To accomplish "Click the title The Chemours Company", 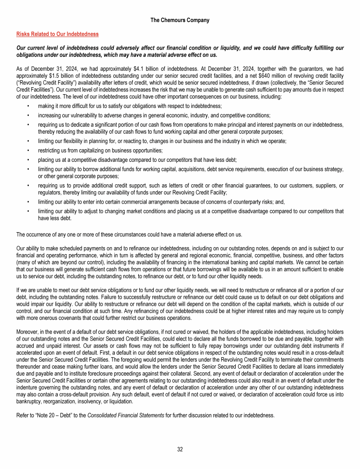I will click(x=180, y=20).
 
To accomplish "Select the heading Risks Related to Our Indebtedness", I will click(x=57, y=34).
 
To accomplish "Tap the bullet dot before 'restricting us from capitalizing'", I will click(x=29, y=151).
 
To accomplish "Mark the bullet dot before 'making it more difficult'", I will click(x=29, y=106).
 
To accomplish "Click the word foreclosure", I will click(x=117, y=368).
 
